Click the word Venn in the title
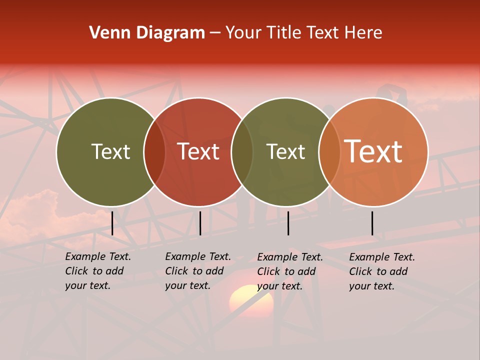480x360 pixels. tap(106, 33)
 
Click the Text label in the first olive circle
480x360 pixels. tap(110, 151)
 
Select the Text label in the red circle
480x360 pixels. tap(198, 151)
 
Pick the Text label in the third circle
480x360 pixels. tap(285, 151)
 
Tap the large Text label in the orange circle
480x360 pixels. tap(373, 151)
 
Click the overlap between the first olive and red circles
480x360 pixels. tap(154, 152)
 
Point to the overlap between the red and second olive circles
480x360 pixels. tap(242, 152)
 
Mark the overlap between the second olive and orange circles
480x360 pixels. tap(329, 152)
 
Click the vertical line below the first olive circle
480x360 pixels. tap(112, 223)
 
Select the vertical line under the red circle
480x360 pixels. tap(200, 223)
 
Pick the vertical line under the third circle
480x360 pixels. tap(288, 223)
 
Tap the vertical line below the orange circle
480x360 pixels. tap(372, 223)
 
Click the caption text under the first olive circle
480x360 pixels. tap(97, 271)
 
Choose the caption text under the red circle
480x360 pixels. tap(197, 271)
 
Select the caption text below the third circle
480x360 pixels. tap(289, 271)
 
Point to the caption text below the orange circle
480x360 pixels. tap(381, 271)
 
